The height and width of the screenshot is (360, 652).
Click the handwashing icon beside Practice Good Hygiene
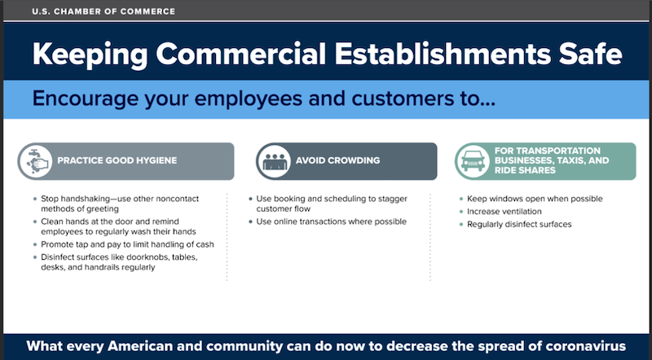(x=36, y=161)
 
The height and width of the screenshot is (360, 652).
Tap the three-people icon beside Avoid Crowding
(x=274, y=161)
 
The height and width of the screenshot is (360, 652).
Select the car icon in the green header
(x=473, y=161)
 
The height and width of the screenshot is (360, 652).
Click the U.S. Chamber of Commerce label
(x=104, y=11)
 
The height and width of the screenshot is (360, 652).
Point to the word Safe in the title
(x=590, y=54)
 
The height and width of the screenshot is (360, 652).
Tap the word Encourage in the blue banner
(x=86, y=99)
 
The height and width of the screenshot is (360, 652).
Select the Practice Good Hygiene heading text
(x=117, y=160)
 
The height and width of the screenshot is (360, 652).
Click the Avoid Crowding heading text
(x=337, y=160)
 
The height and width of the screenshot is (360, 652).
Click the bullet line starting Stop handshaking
(x=120, y=204)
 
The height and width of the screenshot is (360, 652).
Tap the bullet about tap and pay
(x=127, y=244)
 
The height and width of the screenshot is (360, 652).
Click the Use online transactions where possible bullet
(x=332, y=222)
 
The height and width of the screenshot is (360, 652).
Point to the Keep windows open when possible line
(x=535, y=199)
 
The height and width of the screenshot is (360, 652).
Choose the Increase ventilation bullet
(x=504, y=212)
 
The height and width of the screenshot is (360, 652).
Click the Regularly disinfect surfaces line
(x=519, y=225)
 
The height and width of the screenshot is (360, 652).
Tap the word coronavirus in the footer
(x=585, y=346)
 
